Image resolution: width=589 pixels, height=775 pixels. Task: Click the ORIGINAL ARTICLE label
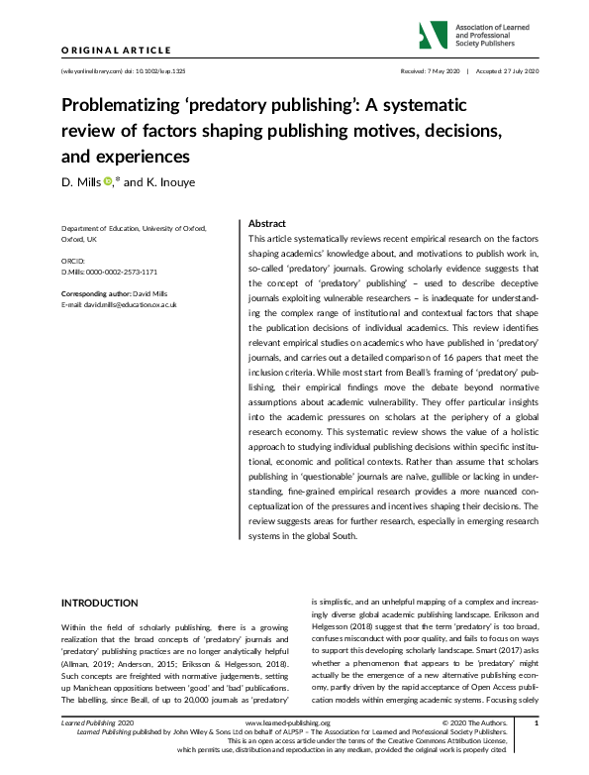[117, 50]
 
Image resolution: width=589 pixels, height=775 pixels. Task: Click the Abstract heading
[265, 224]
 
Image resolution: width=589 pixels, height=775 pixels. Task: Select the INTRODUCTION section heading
[100, 603]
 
